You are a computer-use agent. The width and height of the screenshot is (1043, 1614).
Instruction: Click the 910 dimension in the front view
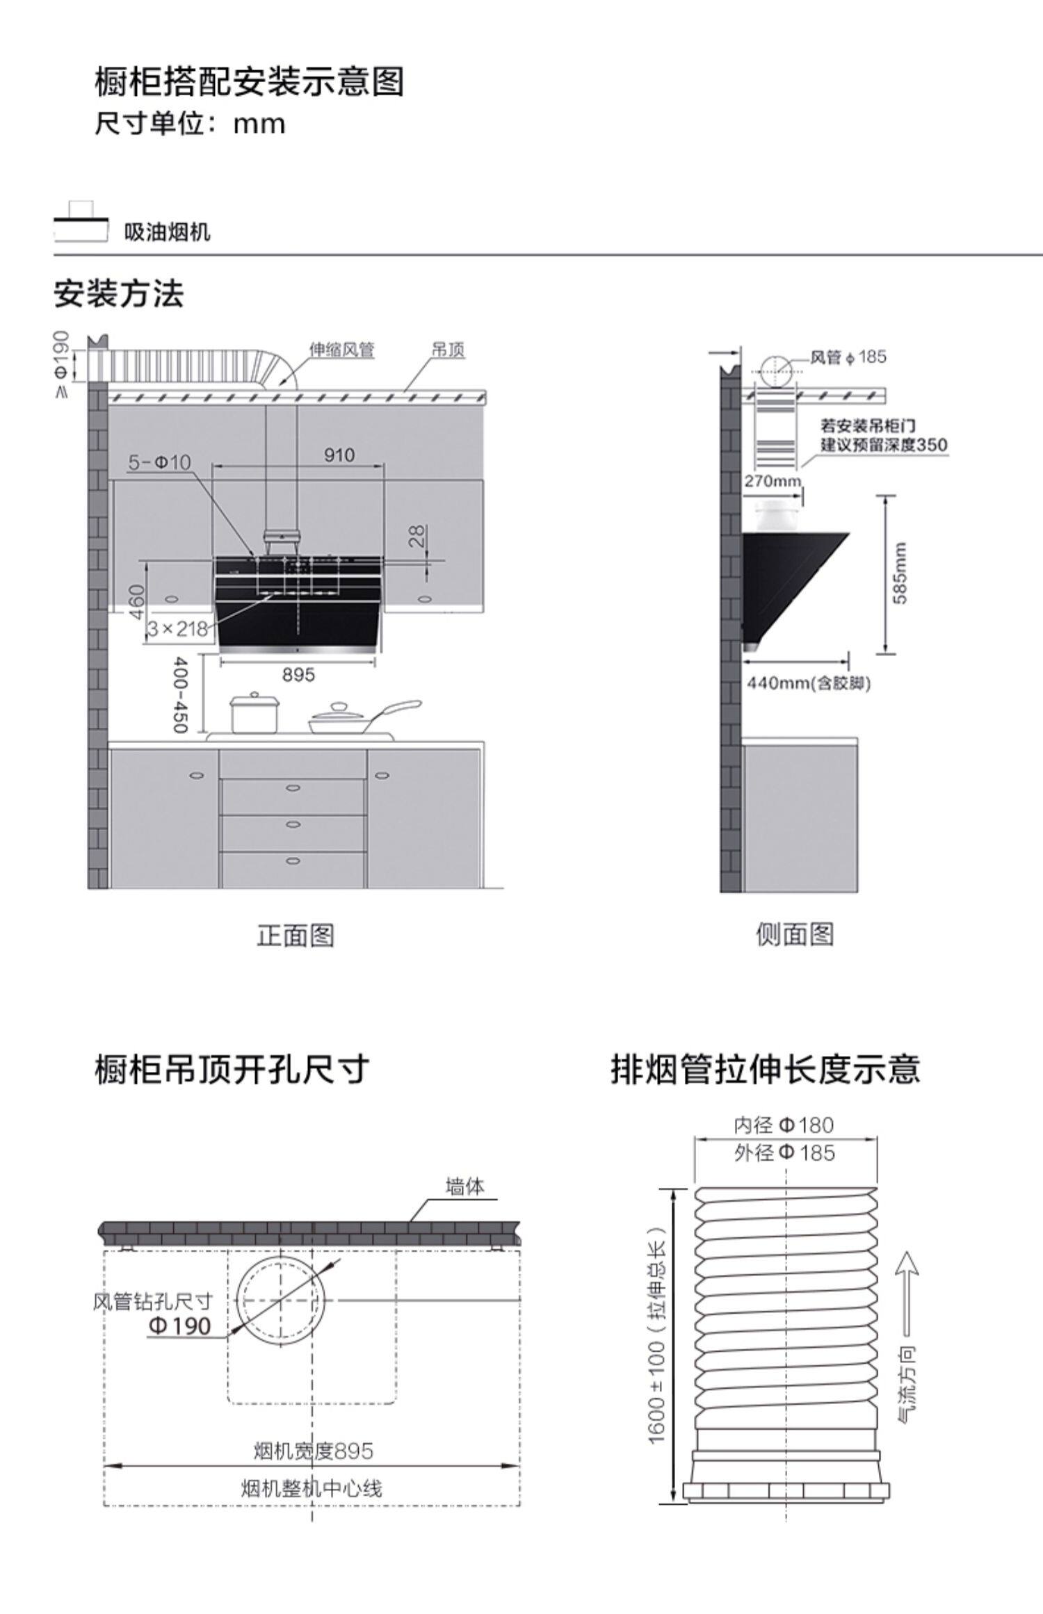[x=339, y=455]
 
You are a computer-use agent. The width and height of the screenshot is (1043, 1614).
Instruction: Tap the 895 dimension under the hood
[x=298, y=674]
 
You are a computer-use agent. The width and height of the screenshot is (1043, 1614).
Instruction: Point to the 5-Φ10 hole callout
[x=160, y=462]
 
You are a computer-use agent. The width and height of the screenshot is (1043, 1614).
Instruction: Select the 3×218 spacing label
[x=178, y=629]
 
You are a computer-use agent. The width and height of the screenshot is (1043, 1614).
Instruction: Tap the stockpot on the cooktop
[x=254, y=713]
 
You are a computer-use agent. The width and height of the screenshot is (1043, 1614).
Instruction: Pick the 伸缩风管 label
[x=341, y=350]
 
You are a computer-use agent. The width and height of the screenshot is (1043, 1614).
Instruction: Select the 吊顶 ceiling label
[x=448, y=350]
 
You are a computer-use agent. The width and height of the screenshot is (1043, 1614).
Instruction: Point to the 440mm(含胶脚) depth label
[x=809, y=683]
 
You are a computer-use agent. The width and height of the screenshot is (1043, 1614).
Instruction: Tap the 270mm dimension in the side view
[x=773, y=481]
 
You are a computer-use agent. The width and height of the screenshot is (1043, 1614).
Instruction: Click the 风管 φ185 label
[x=848, y=357]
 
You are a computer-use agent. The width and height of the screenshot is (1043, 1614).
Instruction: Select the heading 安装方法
[x=119, y=294]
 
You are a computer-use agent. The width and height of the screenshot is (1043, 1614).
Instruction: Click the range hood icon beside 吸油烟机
[x=81, y=222]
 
